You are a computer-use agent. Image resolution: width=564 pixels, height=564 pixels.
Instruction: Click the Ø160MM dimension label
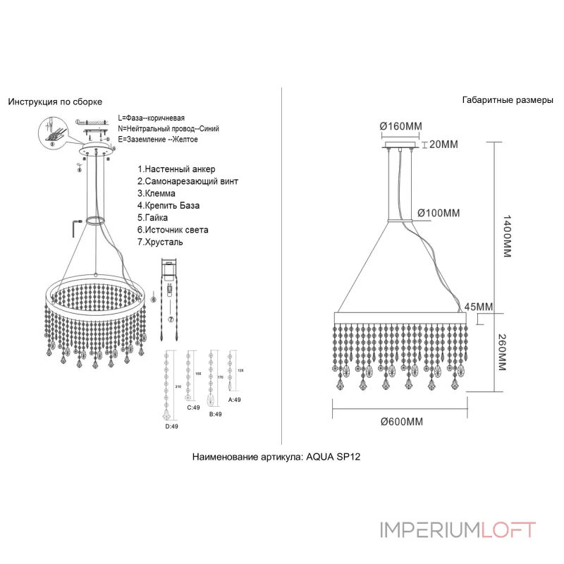click(x=400, y=126)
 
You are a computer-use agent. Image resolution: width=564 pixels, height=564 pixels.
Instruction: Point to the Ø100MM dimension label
click(x=439, y=212)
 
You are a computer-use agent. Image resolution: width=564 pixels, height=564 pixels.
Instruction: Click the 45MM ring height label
click(x=479, y=307)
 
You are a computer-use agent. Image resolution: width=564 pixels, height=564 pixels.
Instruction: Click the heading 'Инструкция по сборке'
click(x=55, y=102)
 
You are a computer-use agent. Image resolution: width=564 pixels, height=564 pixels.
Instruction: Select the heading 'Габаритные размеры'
click(x=508, y=100)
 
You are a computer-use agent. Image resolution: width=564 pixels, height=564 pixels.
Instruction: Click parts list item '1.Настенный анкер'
click(x=176, y=170)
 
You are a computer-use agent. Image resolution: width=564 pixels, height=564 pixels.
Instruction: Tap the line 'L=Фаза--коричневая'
click(x=152, y=117)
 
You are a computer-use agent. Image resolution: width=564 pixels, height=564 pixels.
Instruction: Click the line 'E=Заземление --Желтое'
click(x=158, y=140)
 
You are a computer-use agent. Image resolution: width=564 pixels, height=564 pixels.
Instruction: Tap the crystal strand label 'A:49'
click(x=235, y=400)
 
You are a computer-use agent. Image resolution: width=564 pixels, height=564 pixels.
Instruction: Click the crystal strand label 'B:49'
click(x=215, y=415)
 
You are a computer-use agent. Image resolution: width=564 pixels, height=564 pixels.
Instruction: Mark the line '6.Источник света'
click(x=173, y=230)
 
